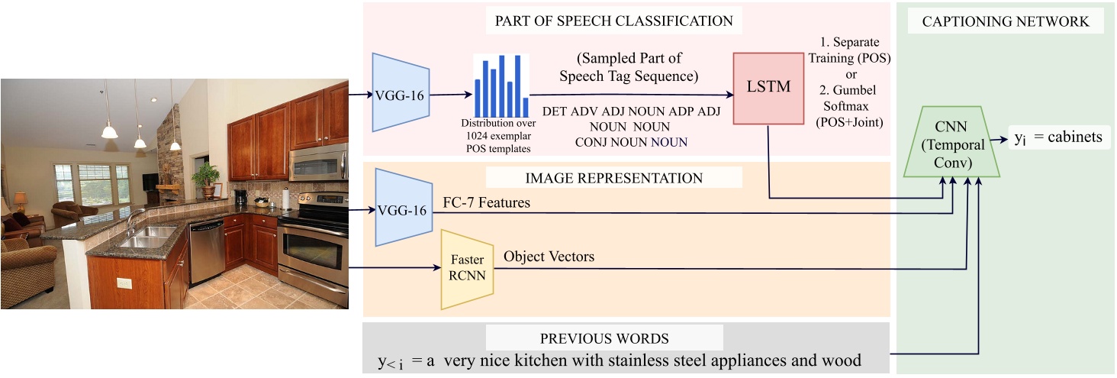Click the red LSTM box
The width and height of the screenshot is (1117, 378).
pyautogui.click(x=768, y=89)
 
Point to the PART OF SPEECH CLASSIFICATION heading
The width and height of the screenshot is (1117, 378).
pyautogui.click(x=613, y=21)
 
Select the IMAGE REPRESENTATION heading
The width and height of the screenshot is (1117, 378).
pyautogui.click(x=613, y=178)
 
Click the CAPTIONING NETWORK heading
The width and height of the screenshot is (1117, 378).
pyautogui.click(x=1006, y=21)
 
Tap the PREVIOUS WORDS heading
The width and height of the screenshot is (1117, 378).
pyautogui.click(x=604, y=338)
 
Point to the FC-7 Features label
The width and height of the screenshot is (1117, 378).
pyautogui.click(x=487, y=203)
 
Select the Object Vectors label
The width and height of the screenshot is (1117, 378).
pyautogui.click(x=549, y=257)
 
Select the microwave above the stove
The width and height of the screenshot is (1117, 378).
pyautogui.click(x=318, y=161)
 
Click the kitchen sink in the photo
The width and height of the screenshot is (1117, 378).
pyautogui.click(x=150, y=236)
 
